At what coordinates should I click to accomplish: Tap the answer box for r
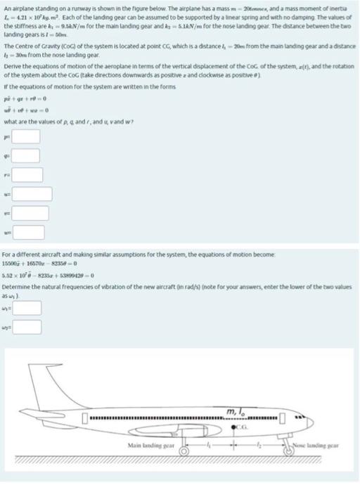(25, 174)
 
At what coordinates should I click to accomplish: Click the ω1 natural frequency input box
(25, 308)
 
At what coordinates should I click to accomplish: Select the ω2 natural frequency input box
(25, 327)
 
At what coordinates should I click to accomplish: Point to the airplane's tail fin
(44, 390)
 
